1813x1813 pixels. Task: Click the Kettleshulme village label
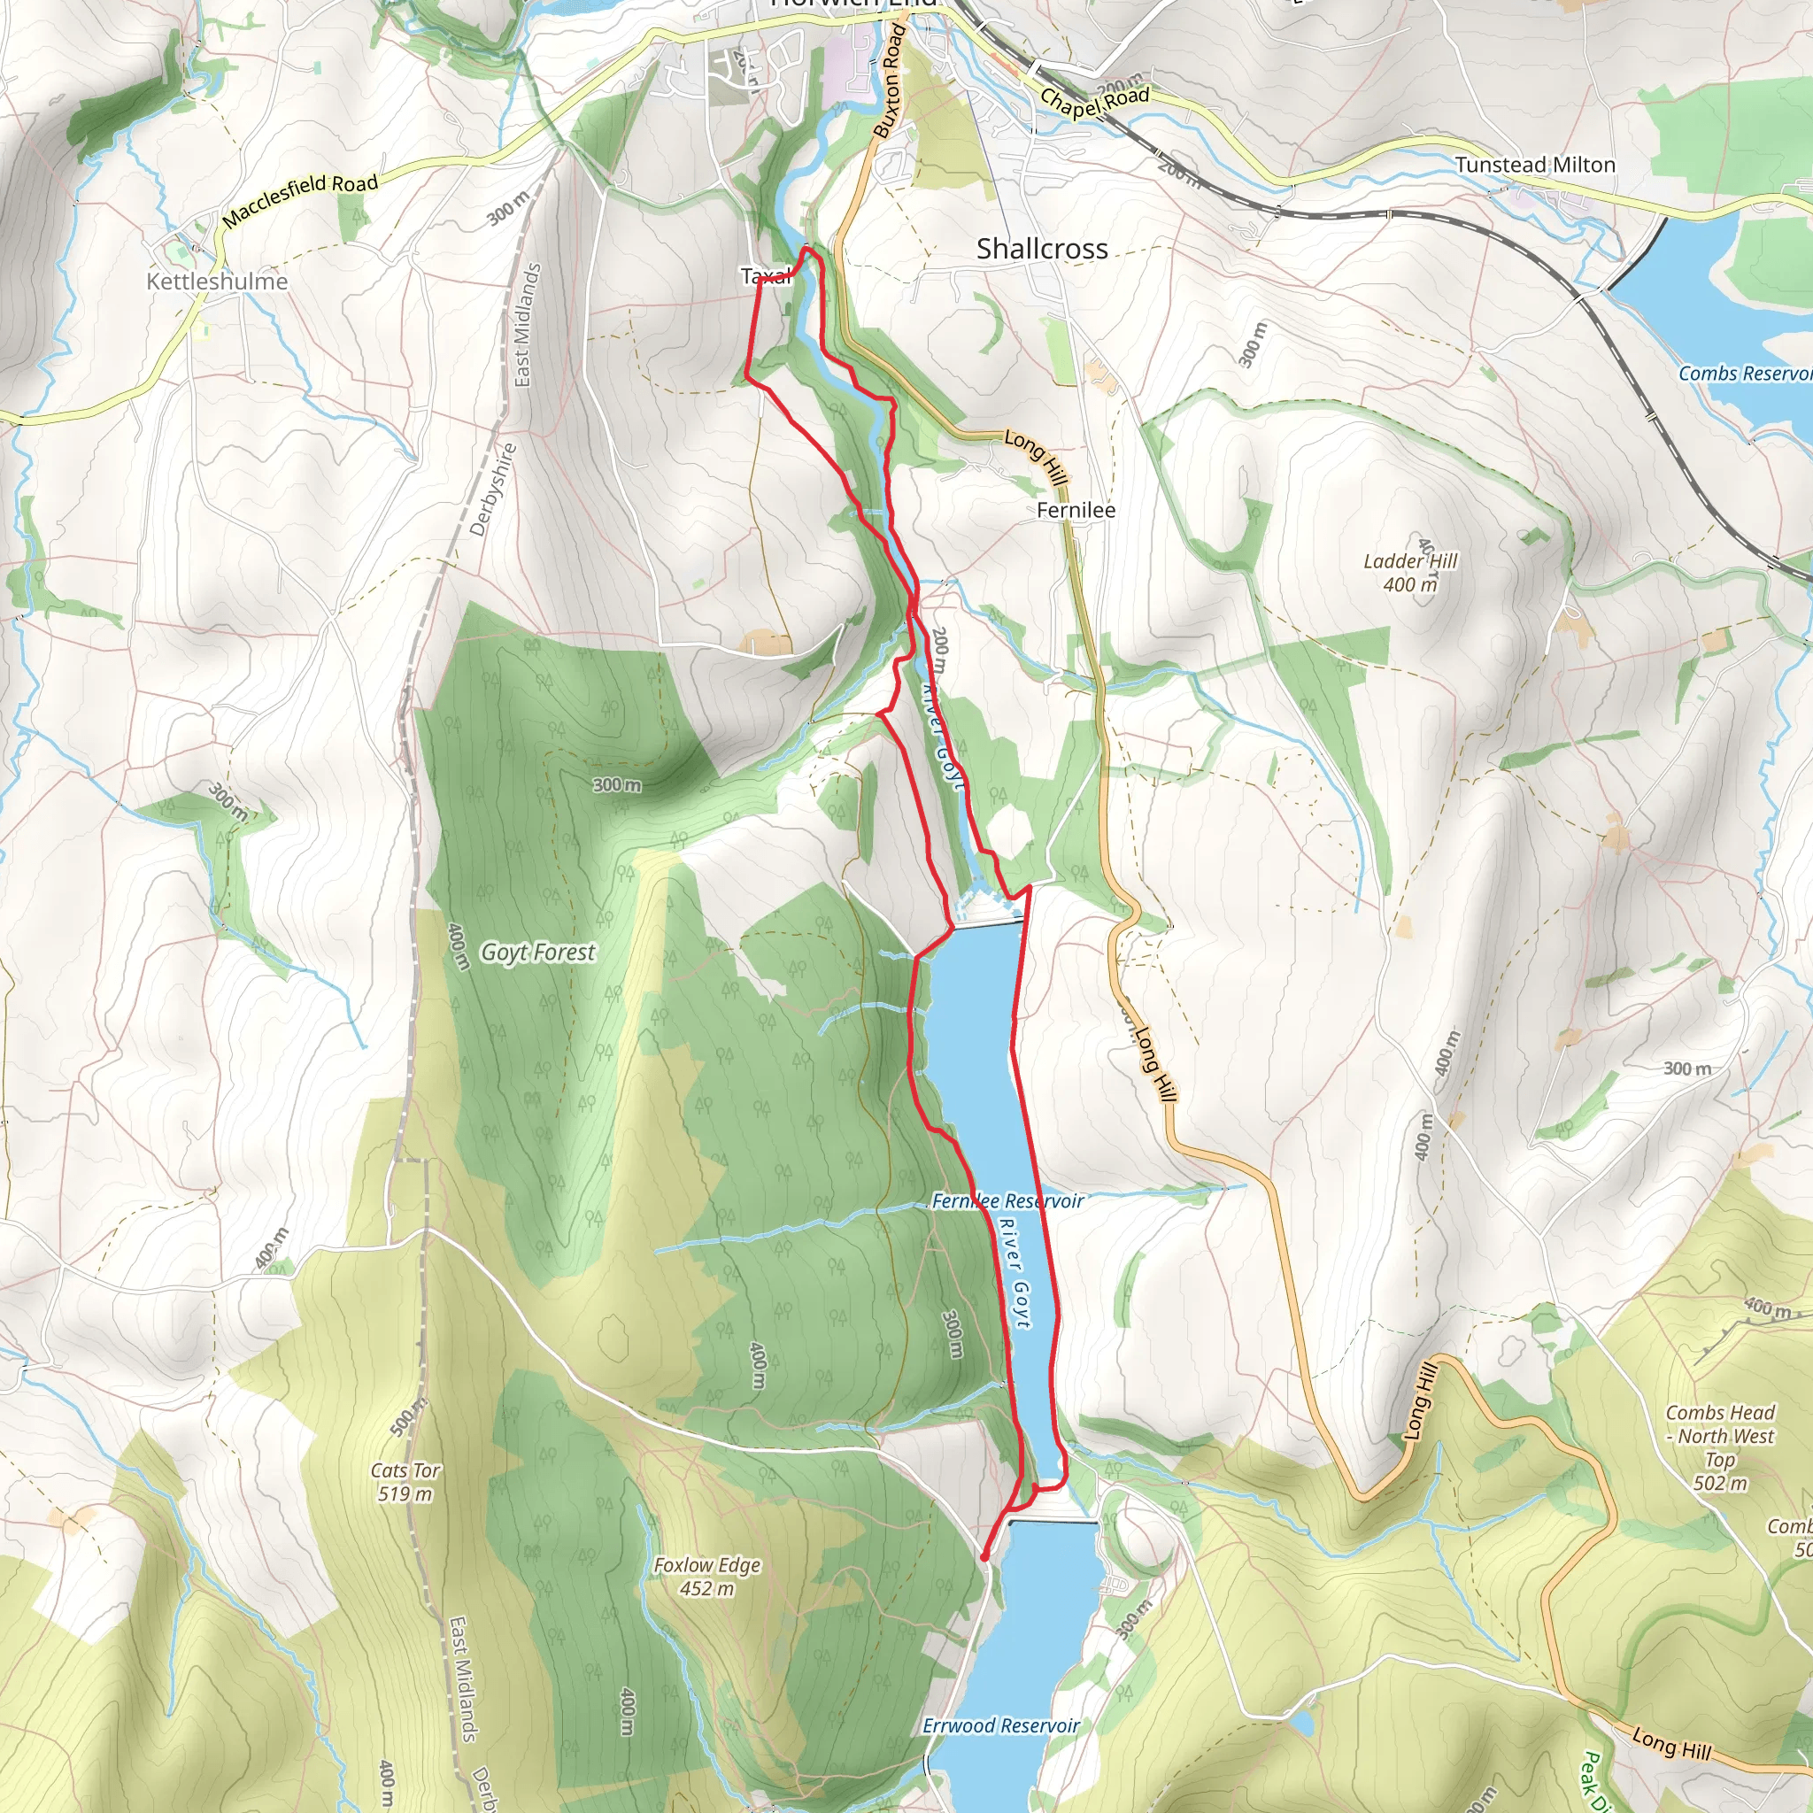tap(217, 281)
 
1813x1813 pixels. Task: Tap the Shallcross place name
tap(1042, 249)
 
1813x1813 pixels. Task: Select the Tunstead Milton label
tap(1535, 166)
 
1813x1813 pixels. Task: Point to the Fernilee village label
tap(1076, 511)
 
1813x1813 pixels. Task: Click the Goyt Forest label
tap(537, 953)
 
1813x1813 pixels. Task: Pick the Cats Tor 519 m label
tap(405, 1482)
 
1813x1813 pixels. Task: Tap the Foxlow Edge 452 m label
tap(706, 1577)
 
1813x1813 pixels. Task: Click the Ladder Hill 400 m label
tap(1409, 573)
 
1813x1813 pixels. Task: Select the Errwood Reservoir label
tap(1000, 1725)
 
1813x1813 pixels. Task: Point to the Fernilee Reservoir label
tap(1007, 1201)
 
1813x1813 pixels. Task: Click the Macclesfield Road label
tap(300, 200)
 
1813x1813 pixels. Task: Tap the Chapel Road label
tap(1094, 101)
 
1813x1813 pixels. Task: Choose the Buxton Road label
tap(889, 82)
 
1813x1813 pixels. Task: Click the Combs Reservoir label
tap(1744, 374)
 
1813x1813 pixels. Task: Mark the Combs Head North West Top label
tap(1719, 1447)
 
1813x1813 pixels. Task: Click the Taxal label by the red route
tap(765, 276)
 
